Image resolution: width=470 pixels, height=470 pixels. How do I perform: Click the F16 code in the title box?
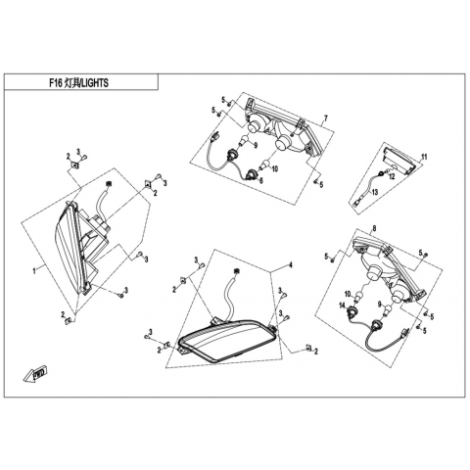pos(56,83)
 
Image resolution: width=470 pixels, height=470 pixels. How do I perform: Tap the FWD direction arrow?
pos(35,374)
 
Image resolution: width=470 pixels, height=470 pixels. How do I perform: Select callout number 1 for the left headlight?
pos(34,270)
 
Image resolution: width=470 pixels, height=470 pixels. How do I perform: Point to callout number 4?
pos(291,265)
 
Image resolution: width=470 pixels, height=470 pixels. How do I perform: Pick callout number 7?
pos(325,117)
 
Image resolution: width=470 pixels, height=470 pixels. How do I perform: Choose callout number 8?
pos(374,228)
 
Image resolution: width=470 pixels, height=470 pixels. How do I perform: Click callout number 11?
pos(424,157)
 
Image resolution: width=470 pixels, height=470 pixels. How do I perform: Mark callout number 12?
pos(392,176)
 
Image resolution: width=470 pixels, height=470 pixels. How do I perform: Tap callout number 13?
pos(375,192)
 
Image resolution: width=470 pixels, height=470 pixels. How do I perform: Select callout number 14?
pos(342,305)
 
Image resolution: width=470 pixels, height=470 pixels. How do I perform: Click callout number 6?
pos(260,179)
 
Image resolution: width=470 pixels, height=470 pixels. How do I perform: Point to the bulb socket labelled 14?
pos(352,308)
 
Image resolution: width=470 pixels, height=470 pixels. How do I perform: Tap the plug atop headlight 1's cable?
pos(108,184)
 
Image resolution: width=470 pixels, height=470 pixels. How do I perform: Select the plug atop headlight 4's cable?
pos(235,271)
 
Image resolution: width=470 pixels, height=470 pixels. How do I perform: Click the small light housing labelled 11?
pos(399,160)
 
